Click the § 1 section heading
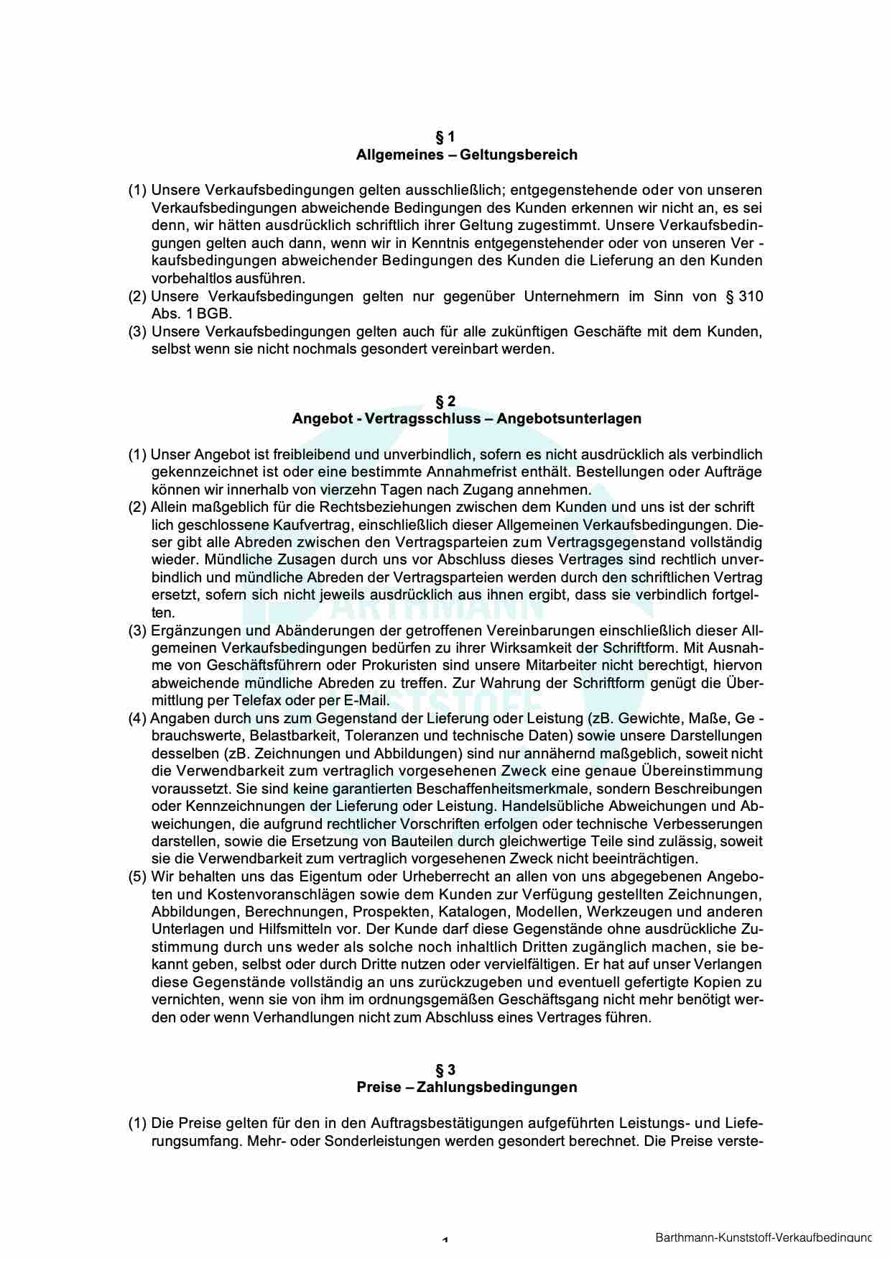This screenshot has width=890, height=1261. pos(445,137)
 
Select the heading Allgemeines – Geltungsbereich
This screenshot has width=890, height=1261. pos(466,155)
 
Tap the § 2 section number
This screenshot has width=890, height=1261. pos(445,400)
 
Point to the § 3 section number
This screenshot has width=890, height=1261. pos(445,1069)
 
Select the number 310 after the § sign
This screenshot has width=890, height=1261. pos(751,296)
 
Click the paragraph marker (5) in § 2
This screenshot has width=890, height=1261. pos(138,876)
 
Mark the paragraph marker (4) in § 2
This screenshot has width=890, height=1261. pos(138,718)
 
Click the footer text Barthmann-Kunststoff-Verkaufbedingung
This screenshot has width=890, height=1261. pos(763,1238)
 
